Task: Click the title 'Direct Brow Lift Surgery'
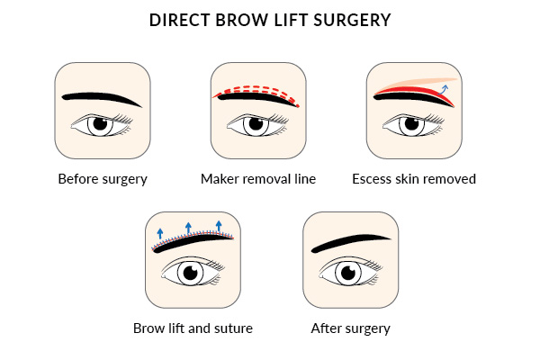(270, 20)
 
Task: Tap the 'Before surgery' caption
(103, 178)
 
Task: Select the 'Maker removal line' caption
(258, 178)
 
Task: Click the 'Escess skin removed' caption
(414, 178)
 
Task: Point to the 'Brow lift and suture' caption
(193, 328)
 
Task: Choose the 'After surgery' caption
(351, 328)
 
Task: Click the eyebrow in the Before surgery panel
(102, 95)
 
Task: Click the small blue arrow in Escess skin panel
(444, 85)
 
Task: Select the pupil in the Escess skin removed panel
(411, 124)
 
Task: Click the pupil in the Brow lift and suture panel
(189, 272)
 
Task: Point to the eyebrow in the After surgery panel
(350, 243)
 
